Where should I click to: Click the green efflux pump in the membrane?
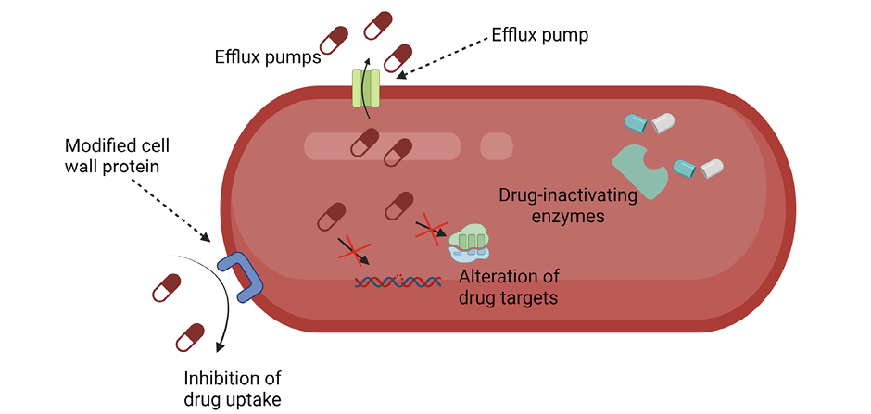tap(366, 90)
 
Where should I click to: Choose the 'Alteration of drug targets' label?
tap(512, 288)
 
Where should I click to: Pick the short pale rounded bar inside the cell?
tap(496, 145)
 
